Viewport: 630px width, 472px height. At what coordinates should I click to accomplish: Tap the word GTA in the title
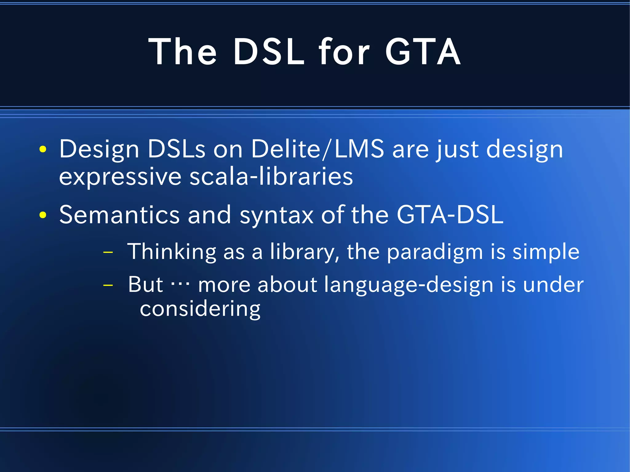pyautogui.click(x=423, y=52)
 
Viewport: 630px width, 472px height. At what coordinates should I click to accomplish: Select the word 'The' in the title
pyautogui.click(x=183, y=52)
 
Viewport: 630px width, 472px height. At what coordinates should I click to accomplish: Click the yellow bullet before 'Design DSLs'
pyautogui.click(x=43, y=149)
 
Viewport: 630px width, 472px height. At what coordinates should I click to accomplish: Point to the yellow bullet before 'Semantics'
pyautogui.click(x=43, y=215)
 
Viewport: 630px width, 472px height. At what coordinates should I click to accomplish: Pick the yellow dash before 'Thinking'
pyautogui.click(x=108, y=252)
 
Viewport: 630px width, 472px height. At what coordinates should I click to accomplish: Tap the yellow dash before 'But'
pyautogui.click(x=108, y=285)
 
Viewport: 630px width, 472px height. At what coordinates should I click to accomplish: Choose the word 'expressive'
pyautogui.click(x=120, y=177)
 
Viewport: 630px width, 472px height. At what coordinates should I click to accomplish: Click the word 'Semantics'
pyautogui.click(x=119, y=215)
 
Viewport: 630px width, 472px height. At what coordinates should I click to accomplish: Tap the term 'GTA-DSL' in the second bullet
pyautogui.click(x=450, y=215)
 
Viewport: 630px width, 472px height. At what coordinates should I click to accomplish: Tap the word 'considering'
pyautogui.click(x=200, y=309)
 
